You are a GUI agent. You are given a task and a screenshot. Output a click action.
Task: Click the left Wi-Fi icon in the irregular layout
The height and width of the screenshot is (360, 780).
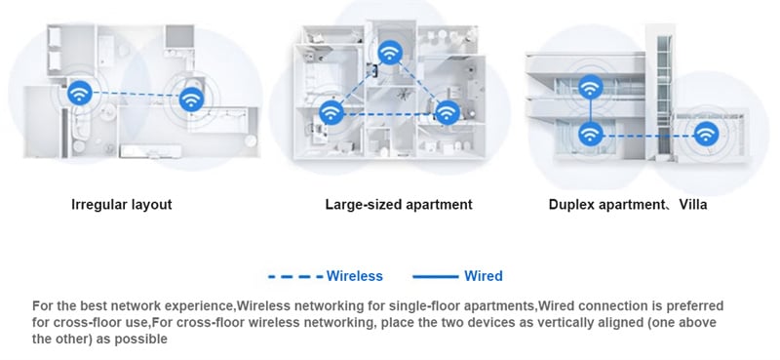pyautogui.click(x=80, y=93)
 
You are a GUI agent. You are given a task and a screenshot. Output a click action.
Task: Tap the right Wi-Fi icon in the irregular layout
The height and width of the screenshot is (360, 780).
pyautogui.click(x=191, y=100)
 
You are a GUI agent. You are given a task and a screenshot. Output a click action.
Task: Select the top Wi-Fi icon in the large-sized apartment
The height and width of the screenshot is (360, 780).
pyautogui.click(x=390, y=53)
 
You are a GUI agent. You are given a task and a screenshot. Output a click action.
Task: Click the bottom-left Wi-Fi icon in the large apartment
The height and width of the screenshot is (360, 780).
pyautogui.click(x=331, y=112)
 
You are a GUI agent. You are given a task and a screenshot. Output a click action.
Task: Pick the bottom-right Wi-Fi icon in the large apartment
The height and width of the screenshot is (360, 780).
pyautogui.click(x=448, y=112)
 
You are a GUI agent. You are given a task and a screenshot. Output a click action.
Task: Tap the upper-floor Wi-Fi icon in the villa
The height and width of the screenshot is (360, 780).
pyautogui.click(x=591, y=87)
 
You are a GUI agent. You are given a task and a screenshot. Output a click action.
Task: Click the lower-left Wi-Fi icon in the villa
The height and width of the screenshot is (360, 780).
pyautogui.click(x=591, y=134)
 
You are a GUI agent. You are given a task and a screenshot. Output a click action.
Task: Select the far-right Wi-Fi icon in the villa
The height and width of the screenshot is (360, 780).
pyautogui.click(x=706, y=134)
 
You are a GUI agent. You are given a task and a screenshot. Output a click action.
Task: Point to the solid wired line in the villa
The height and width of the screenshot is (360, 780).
pyautogui.click(x=591, y=110)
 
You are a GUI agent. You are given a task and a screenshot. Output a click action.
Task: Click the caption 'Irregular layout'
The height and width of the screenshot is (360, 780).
pyautogui.click(x=122, y=205)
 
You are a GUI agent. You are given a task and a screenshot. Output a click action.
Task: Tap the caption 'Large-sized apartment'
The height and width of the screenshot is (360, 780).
pyautogui.click(x=399, y=205)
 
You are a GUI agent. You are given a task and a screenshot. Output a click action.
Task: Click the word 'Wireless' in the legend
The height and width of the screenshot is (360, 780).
pyautogui.click(x=355, y=276)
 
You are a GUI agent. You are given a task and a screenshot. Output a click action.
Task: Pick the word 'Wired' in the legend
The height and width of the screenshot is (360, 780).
pyautogui.click(x=484, y=276)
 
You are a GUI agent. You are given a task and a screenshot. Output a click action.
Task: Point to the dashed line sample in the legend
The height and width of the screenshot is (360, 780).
pyautogui.click(x=295, y=276)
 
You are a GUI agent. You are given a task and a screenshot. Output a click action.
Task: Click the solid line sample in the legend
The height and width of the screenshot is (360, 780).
pyautogui.click(x=435, y=276)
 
